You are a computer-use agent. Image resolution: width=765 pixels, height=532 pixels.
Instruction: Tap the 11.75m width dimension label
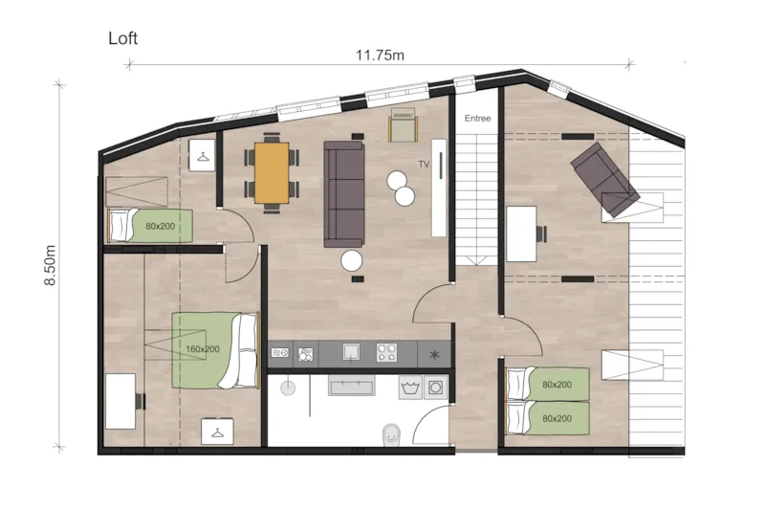(380, 55)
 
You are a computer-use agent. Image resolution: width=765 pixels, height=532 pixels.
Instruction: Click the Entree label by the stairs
(477, 119)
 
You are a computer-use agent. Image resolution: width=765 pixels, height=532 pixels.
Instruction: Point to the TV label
(424, 165)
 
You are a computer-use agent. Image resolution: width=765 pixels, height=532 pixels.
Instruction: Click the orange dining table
(272, 172)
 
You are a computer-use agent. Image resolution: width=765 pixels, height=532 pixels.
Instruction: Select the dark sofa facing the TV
(344, 192)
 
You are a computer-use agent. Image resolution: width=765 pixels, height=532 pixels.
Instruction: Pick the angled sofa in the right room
(604, 178)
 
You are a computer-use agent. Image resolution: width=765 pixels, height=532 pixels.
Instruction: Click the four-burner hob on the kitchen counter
(387, 353)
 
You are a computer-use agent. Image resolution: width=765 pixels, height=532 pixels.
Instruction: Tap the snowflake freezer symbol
(435, 354)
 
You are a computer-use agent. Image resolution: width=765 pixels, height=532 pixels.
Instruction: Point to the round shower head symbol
(286, 388)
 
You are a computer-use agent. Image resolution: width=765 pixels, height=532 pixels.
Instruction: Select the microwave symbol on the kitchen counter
(280, 353)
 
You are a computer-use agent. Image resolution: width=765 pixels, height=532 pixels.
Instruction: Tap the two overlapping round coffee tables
(401, 188)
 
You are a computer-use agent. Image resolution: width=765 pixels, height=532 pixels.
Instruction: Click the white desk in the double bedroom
(120, 401)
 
